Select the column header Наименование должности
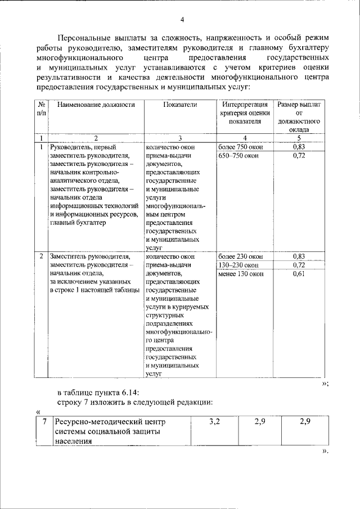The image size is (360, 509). tap(96, 105)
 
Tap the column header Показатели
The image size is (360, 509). tap(179, 105)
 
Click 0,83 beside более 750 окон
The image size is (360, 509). tap(299, 146)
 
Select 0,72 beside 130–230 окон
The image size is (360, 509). tap(299, 265)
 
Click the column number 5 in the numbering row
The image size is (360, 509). tap(299, 137)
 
